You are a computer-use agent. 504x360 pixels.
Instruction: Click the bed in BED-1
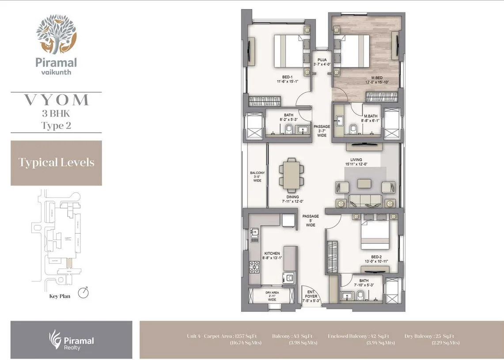(x=289, y=50)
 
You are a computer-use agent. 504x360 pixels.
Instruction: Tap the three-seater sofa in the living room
(x=365, y=201)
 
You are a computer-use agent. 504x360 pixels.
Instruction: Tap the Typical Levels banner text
(x=56, y=163)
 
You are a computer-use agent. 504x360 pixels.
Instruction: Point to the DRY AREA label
(x=272, y=296)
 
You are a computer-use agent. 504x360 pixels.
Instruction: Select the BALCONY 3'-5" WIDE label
(x=257, y=177)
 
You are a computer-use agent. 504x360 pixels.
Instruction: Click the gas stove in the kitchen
(x=255, y=266)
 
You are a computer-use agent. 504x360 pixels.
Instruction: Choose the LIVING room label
(x=356, y=162)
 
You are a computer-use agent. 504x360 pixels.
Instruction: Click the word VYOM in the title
(x=56, y=100)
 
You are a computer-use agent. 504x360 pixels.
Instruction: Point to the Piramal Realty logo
(x=71, y=340)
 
